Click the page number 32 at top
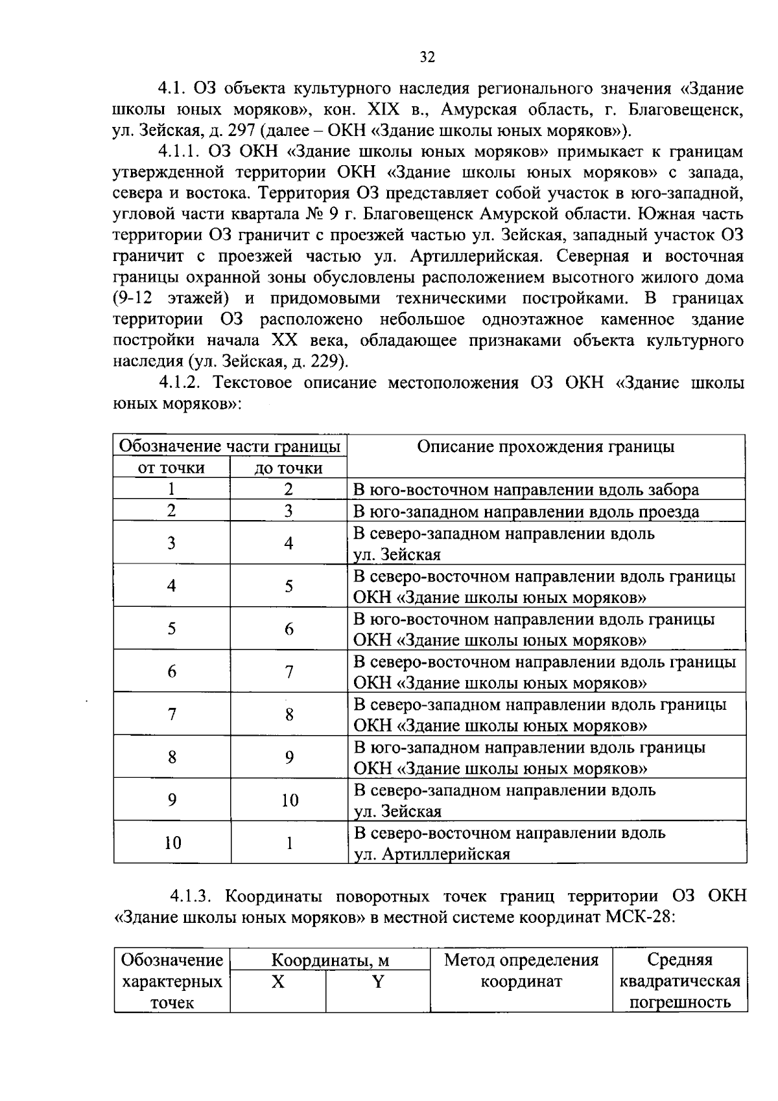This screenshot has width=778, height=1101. pyautogui.click(x=427, y=57)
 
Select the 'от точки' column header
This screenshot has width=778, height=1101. pyautogui.click(x=172, y=468)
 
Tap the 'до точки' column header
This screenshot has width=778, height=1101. pyautogui.click(x=288, y=468)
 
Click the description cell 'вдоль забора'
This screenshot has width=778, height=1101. pyautogui.click(x=526, y=490)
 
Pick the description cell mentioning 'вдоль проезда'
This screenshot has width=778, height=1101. pyautogui.click(x=526, y=512)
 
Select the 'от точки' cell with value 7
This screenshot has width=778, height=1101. pyautogui.click(x=172, y=714)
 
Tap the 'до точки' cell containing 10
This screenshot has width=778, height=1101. pyautogui.click(x=289, y=800)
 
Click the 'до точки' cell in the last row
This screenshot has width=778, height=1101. pyautogui.click(x=289, y=843)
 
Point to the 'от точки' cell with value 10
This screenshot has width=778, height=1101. pyautogui.click(x=172, y=843)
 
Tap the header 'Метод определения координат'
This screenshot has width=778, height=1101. pyautogui.click(x=521, y=970)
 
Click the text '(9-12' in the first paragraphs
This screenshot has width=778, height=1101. pyautogui.click(x=134, y=299)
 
